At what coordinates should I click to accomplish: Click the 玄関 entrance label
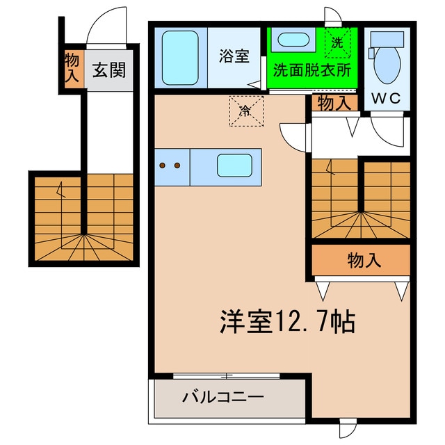tap(111, 70)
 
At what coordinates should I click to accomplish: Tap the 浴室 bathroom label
tap(233, 56)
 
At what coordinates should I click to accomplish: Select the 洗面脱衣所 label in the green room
tap(311, 70)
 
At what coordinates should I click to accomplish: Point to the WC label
tap(386, 98)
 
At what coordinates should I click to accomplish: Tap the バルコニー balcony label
tap(222, 398)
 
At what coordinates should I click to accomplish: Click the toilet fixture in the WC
tap(387, 65)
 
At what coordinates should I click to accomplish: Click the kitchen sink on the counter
tap(235, 166)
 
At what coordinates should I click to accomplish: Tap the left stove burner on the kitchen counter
tap(163, 166)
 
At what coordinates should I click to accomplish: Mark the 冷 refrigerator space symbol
tap(246, 111)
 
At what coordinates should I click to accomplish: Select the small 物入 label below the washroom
tap(334, 104)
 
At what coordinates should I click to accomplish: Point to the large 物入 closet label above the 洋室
tap(364, 261)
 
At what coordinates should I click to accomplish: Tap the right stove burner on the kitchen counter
tap(178, 166)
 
